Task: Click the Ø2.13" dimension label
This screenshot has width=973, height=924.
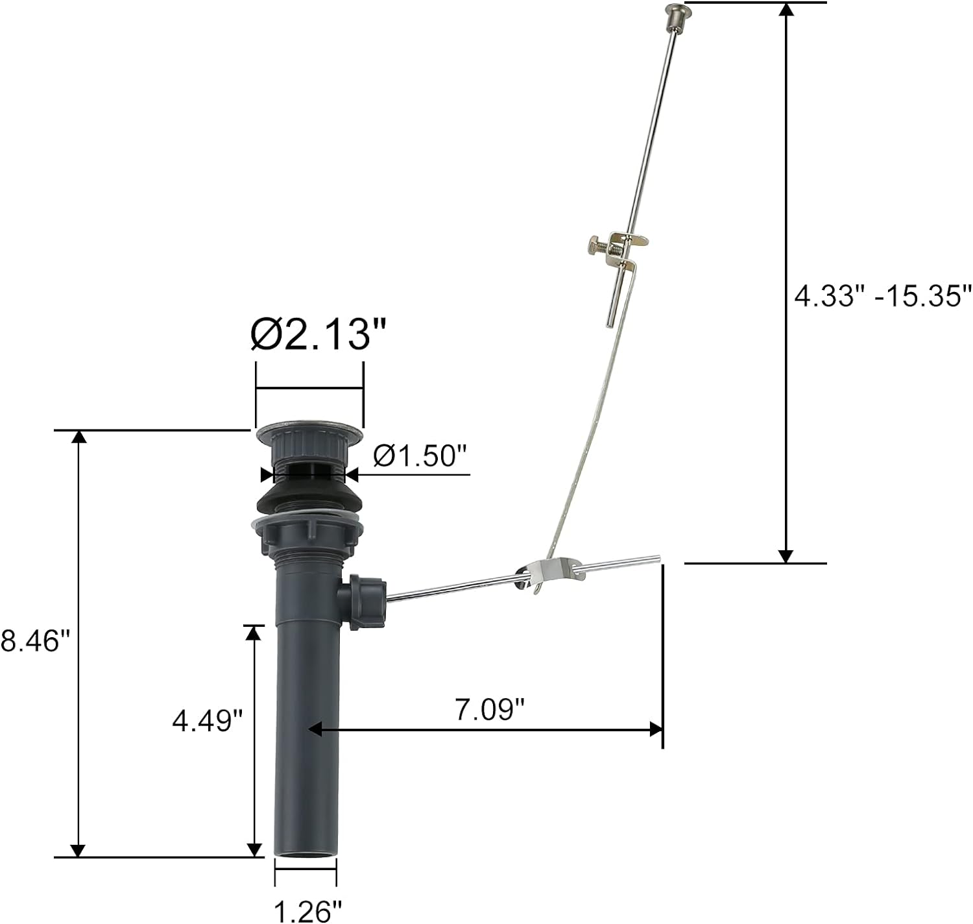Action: pyautogui.click(x=318, y=334)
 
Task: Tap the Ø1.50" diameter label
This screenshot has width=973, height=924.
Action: pyautogui.click(x=420, y=456)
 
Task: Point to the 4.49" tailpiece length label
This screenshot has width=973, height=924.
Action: pyautogui.click(x=208, y=720)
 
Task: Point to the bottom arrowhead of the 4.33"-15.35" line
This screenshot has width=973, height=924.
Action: pyautogui.click(x=786, y=556)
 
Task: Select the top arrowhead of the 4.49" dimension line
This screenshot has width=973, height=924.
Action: pyautogui.click(x=254, y=633)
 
